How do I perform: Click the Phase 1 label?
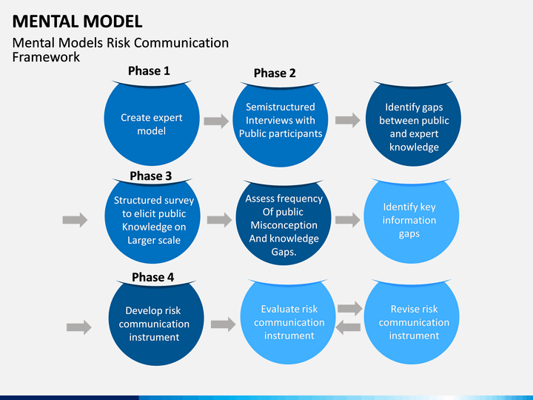tap(149, 71)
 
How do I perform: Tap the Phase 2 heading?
tap(275, 73)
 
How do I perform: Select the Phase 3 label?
tap(151, 176)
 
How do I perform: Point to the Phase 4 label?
tap(153, 277)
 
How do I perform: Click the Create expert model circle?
tap(152, 123)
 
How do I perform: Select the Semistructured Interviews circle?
tap(281, 124)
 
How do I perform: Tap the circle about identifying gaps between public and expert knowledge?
tap(413, 124)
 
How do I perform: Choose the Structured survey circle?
tap(152, 221)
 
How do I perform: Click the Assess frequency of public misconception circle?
tap(284, 222)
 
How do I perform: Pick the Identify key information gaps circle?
tap(412, 221)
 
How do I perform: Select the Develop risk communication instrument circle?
tap(156, 323)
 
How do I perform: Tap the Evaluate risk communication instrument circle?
tap(288, 321)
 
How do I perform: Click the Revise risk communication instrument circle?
tap(412, 321)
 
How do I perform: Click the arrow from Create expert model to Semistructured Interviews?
tap(216, 121)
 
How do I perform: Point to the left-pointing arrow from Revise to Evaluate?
tap(348, 327)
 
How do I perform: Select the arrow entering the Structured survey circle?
tap(75, 220)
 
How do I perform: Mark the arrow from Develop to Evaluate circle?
tap(224, 324)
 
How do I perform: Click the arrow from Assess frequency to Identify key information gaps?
tap(348, 220)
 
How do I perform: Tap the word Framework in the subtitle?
tap(46, 57)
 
